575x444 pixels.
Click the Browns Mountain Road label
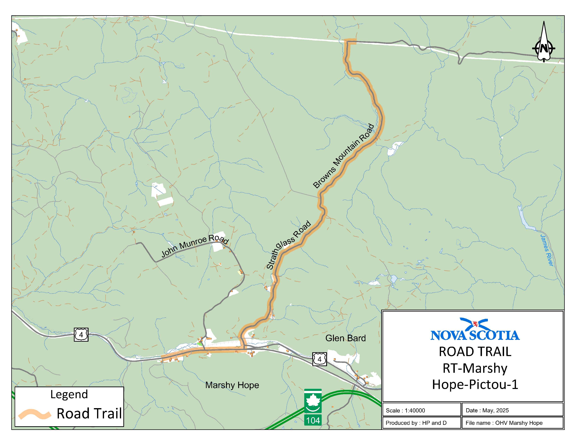pos(344,156)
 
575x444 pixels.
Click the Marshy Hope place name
pos(232,385)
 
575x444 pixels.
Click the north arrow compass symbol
pos(543,42)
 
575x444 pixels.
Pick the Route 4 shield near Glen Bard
pos(319,359)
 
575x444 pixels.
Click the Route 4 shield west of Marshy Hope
pos(81,335)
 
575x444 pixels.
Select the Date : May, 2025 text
pos(487,410)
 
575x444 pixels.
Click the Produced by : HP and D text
pos(416,423)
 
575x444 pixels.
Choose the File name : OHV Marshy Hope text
pos(504,423)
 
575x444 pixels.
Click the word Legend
pos(69,394)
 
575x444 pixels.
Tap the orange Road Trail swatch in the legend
pos(34,414)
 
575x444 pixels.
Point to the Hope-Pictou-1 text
pos(475,384)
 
